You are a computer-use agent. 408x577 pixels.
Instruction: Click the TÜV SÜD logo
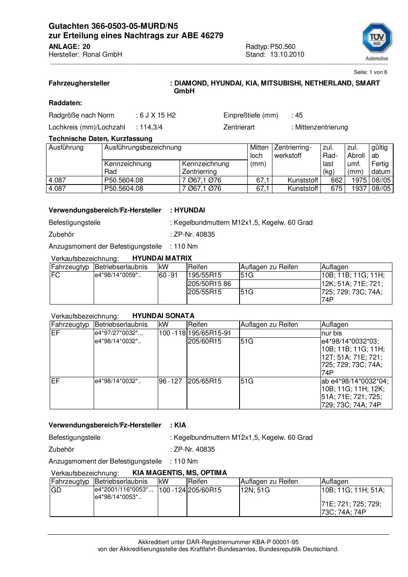coord(376,40)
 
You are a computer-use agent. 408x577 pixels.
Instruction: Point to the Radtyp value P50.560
coord(283,47)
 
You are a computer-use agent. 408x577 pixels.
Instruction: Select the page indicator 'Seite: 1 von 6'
coord(370,72)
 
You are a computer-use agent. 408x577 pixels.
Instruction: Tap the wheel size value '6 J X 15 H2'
coord(158,115)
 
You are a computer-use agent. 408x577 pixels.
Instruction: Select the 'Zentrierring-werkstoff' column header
coord(293,152)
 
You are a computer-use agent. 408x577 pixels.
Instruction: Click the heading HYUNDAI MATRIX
coord(162,258)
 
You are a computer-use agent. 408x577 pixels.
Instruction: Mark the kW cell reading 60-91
coord(168,275)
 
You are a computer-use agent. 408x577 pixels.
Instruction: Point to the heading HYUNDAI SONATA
coord(163,316)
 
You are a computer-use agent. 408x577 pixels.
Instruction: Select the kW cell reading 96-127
coord(171,381)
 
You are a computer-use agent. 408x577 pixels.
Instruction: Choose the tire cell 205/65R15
coord(205,381)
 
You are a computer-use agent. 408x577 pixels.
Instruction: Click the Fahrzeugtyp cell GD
coord(56,490)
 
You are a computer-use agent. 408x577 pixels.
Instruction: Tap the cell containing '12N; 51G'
coord(255,490)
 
